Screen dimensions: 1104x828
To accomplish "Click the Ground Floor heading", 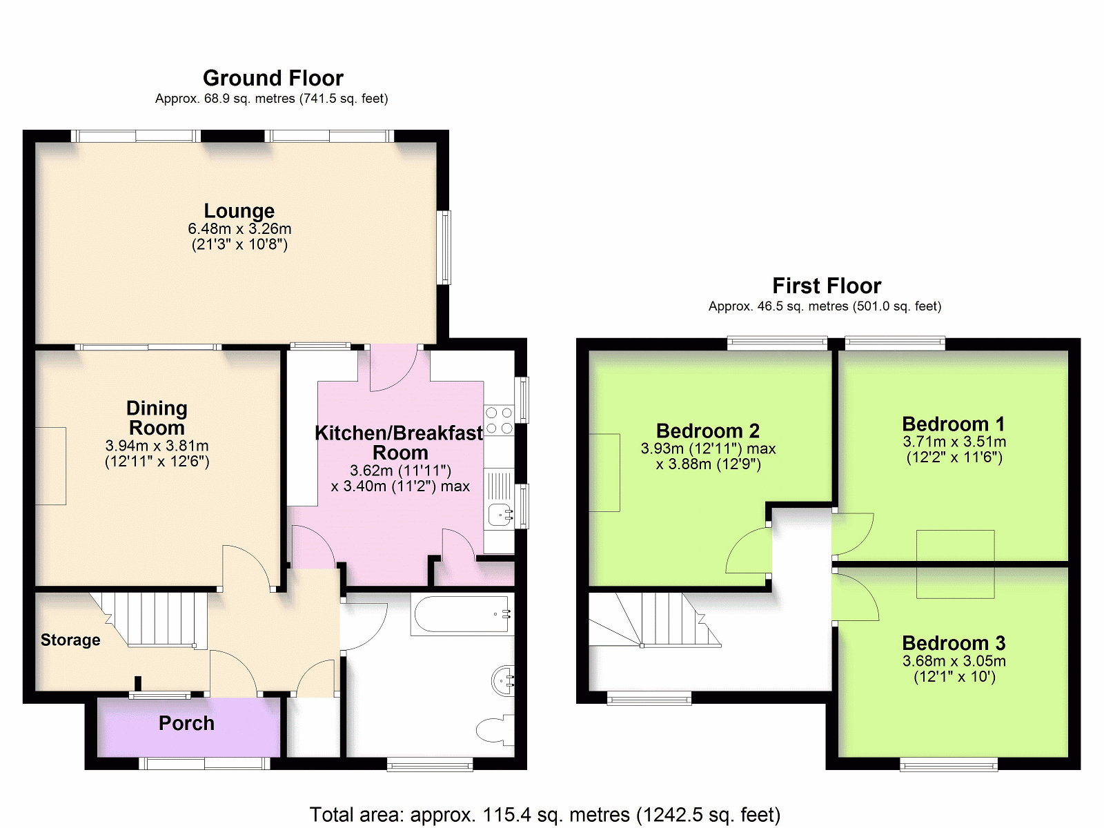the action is (x=273, y=78).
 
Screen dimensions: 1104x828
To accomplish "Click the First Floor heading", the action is (x=827, y=286).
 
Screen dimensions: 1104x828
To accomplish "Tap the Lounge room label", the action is (x=239, y=210).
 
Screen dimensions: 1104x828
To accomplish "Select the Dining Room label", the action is (x=157, y=417).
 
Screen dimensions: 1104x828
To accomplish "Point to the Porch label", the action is (x=186, y=723).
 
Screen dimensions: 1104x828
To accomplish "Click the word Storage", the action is (x=70, y=640).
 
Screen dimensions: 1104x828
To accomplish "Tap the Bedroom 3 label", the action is (x=954, y=642).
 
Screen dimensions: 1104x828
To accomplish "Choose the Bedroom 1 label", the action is (x=954, y=424).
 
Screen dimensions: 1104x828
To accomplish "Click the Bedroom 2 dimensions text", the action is (x=708, y=456).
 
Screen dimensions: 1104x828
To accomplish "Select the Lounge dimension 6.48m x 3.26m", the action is (x=239, y=229).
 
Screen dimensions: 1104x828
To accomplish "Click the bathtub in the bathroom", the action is (x=462, y=614).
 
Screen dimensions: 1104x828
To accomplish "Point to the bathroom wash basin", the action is (x=503, y=681).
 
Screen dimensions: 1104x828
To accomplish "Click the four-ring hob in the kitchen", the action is (x=499, y=421).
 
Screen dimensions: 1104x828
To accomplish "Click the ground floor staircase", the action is (x=151, y=621).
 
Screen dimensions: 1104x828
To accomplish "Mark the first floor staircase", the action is (x=655, y=620).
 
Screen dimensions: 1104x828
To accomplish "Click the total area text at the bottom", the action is (x=544, y=814).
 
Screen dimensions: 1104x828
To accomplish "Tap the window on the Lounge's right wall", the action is (x=444, y=247).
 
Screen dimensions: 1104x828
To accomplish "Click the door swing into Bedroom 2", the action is (x=747, y=550).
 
